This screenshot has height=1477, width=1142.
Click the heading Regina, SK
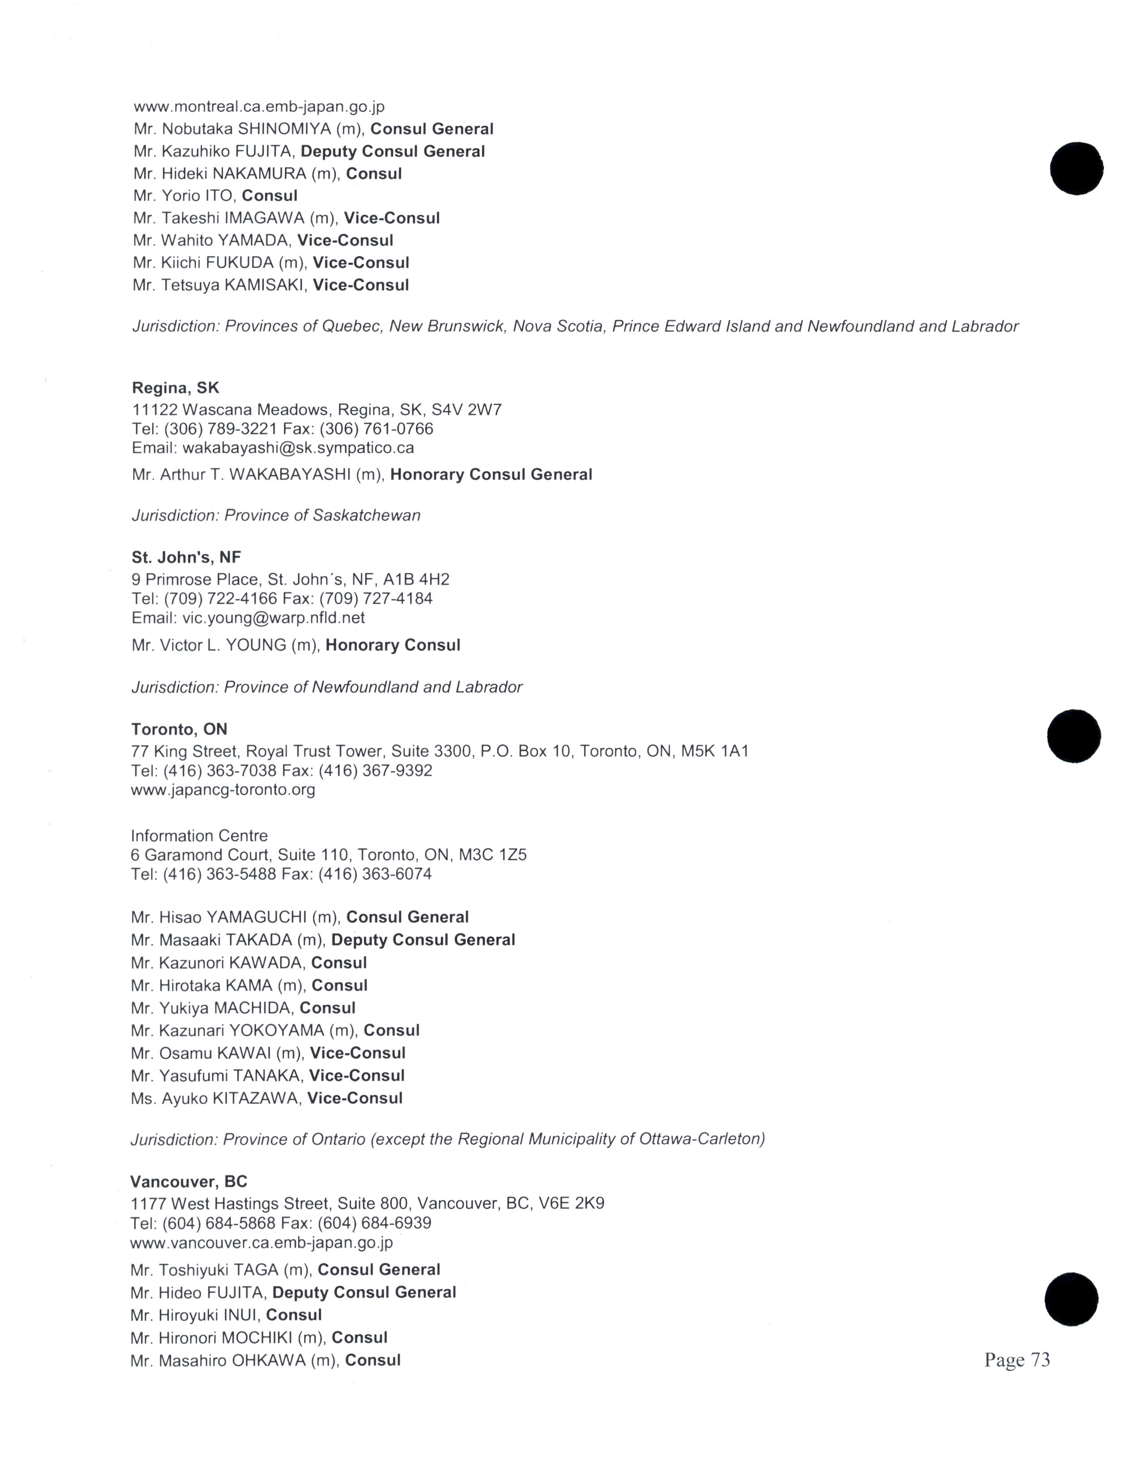point(175,388)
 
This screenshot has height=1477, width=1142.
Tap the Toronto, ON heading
point(179,729)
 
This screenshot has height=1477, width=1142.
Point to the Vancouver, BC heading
point(189,1182)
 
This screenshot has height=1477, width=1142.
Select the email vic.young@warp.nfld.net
point(273,618)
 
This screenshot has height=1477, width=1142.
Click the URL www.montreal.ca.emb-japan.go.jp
point(259,107)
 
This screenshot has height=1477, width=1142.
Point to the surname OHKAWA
point(269,1360)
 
